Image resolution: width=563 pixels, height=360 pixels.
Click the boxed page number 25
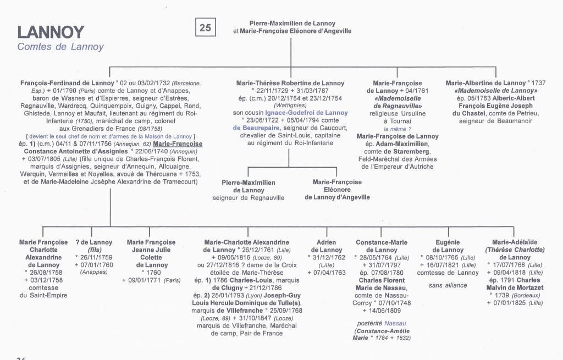pos(205,27)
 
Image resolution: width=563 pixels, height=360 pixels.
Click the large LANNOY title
pos(51,32)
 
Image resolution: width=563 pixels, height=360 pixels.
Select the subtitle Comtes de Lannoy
pos(60,47)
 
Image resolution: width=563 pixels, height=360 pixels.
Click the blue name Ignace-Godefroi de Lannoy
pos(306,113)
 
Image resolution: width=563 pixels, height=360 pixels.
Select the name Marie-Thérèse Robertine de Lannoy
pos(290,83)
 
